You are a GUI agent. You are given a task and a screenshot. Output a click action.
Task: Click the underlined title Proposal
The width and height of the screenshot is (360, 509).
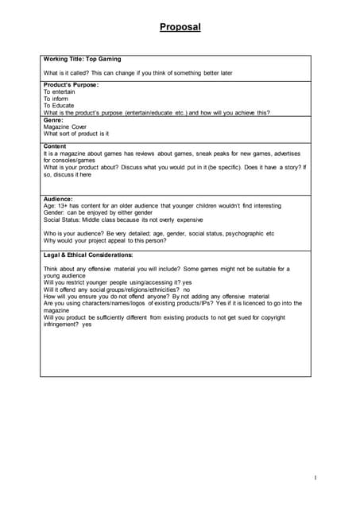(x=180, y=27)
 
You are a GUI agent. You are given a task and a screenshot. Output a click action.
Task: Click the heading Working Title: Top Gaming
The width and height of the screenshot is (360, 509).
(x=82, y=60)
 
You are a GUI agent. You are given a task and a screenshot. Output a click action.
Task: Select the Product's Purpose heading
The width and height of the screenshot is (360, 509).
(x=71, y=84)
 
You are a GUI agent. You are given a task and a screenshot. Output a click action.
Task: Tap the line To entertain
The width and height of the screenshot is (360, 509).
(x=60, y=91)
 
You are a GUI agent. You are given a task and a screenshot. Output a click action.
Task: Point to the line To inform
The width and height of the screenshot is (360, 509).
(x=56, y=99)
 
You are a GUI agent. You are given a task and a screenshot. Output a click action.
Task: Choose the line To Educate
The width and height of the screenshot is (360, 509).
(x=59, y=106)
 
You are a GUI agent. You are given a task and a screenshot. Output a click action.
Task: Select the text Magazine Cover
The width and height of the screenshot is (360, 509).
(x=64, y=126)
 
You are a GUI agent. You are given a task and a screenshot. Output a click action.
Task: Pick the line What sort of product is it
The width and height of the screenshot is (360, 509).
(x=75, y=134)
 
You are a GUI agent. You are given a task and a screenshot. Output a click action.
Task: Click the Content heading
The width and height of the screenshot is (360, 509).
(x=55, y=146)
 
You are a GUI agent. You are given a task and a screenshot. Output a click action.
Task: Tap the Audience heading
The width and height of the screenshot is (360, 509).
(x=58, y=199)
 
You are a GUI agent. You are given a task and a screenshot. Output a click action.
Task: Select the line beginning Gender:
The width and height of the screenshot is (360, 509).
(x=95, y=212)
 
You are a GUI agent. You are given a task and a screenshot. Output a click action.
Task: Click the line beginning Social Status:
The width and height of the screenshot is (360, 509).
(x=122, y=220)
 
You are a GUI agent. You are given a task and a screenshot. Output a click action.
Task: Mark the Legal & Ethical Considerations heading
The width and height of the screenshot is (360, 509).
(x=88, y=254)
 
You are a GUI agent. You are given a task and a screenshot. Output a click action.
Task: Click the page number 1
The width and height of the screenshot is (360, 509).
(x=315, y=477)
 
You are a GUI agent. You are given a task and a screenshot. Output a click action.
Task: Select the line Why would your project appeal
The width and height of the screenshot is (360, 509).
(x=105, y=240)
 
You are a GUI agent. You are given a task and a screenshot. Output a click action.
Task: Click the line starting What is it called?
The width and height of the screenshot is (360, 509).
(x=137, y=73)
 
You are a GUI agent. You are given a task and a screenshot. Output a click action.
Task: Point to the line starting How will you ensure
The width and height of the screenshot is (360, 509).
(x=157, y=297)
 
